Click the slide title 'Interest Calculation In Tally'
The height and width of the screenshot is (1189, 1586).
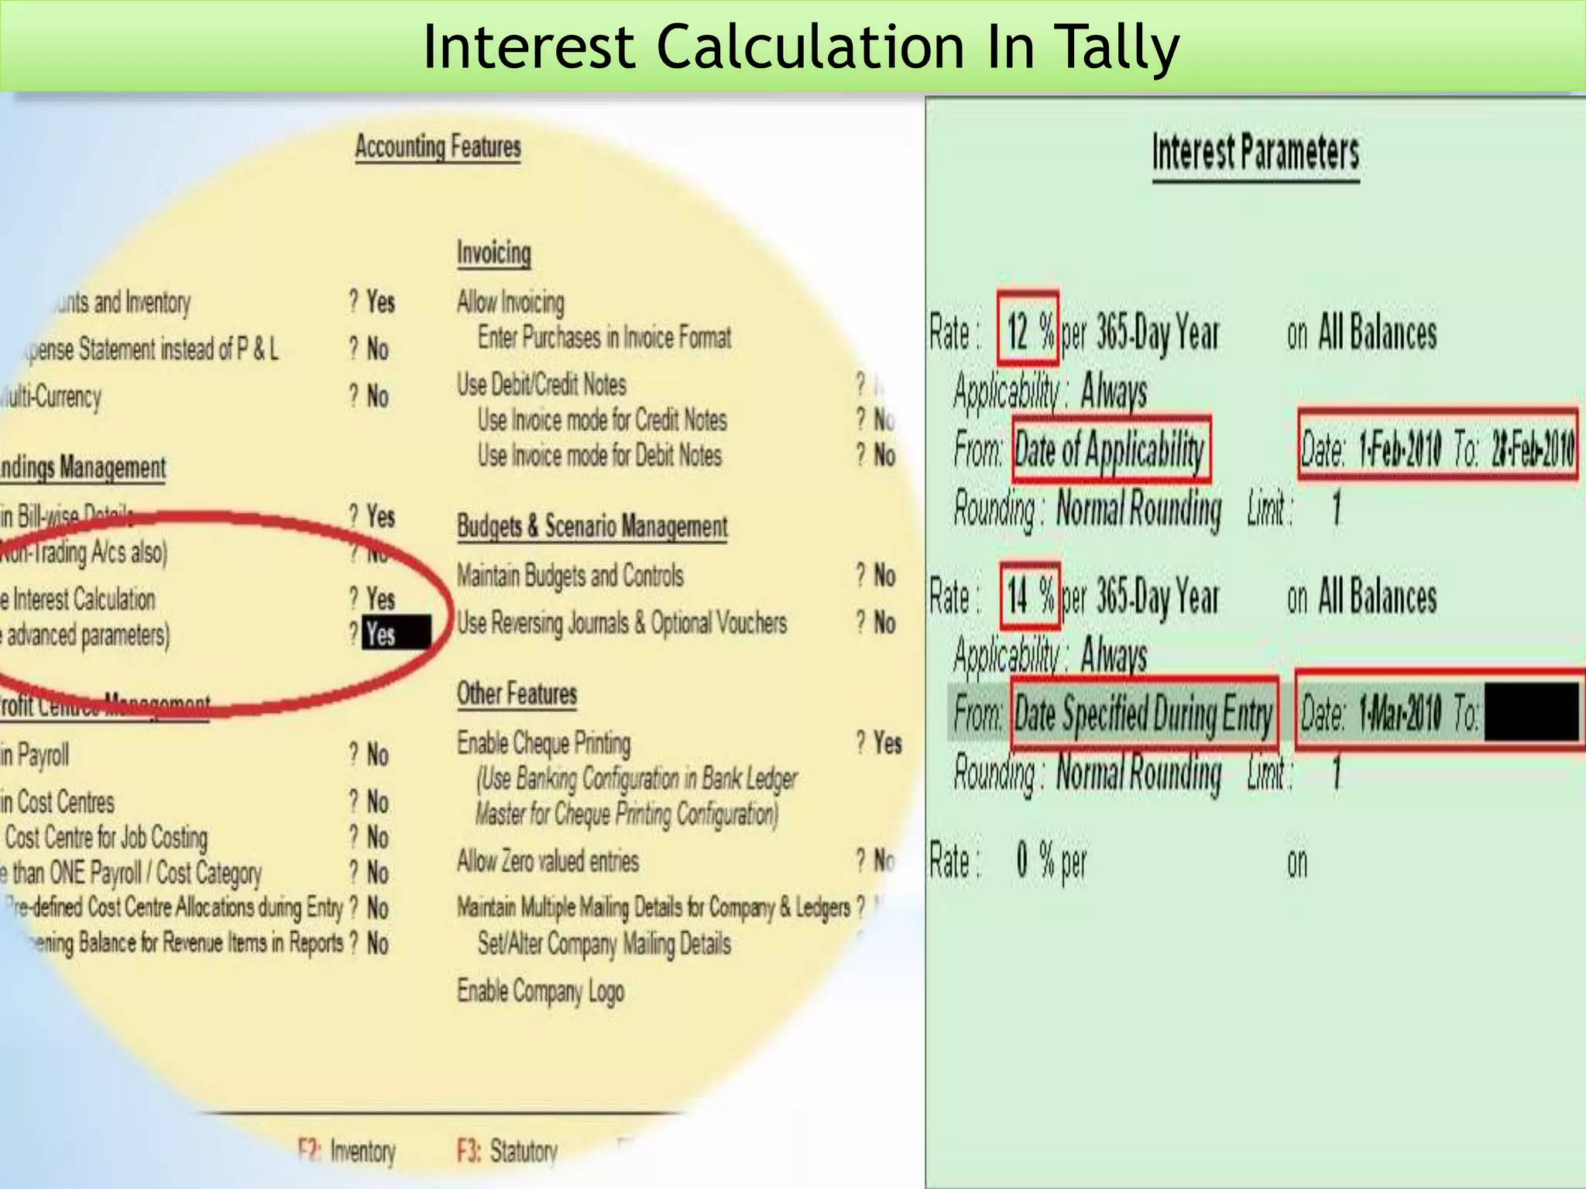point(801,48)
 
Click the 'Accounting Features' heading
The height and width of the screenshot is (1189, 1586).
point(438,146)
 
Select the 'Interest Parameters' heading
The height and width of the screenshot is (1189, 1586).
point(1255,152)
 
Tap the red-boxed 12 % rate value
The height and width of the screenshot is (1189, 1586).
point(1028,331)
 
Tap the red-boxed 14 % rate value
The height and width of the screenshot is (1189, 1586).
point(1029,596)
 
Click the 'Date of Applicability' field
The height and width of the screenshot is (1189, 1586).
point(1111,450)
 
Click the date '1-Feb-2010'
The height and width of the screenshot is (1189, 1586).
point(1400,449)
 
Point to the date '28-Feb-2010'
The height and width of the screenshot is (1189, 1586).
point(1533,448)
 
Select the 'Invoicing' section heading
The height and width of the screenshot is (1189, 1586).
point(493,253)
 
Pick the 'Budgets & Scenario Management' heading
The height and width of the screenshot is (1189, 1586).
point(592,526)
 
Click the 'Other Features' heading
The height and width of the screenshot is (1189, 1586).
point(517,694)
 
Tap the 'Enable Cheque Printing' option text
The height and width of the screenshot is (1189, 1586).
point(543,743)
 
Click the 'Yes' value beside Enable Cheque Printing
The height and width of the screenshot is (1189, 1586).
point(887,743)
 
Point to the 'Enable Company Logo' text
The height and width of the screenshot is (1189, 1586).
point(540,991)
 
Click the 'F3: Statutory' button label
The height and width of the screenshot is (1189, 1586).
point(506,1151)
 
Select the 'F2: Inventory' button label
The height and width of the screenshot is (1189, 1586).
point(346,1151)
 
